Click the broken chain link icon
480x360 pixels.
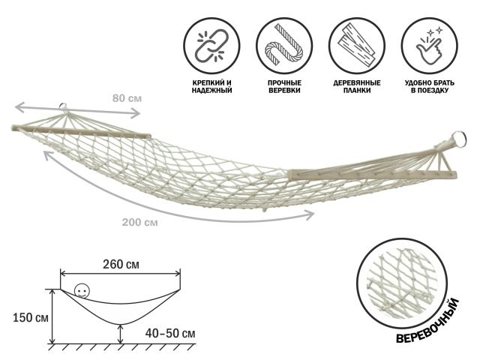point(211,46)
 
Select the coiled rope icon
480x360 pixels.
point(284,46)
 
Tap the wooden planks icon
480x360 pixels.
point(357,46)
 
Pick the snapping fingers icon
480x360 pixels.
point(430,46)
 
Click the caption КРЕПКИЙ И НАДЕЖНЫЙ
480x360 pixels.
point(211,87)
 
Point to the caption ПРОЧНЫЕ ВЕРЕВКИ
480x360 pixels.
point(284,87)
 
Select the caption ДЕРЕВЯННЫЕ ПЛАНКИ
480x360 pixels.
point(357,87)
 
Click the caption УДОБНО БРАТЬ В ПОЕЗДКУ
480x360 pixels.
point(430,87)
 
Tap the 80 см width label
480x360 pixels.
point(127,98)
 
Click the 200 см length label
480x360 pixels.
point(140,222)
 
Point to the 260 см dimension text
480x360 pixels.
point(121,264)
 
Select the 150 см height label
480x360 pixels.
point(31,318)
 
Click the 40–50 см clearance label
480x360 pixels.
point(170,333)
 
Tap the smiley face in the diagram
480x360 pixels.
point(82,290)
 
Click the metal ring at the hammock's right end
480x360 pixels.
point(459,139)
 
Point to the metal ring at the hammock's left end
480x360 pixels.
point(63,106)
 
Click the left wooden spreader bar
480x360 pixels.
point(81,131)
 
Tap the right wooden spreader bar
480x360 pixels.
point(372,175)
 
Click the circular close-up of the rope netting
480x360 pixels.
point(402,283)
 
